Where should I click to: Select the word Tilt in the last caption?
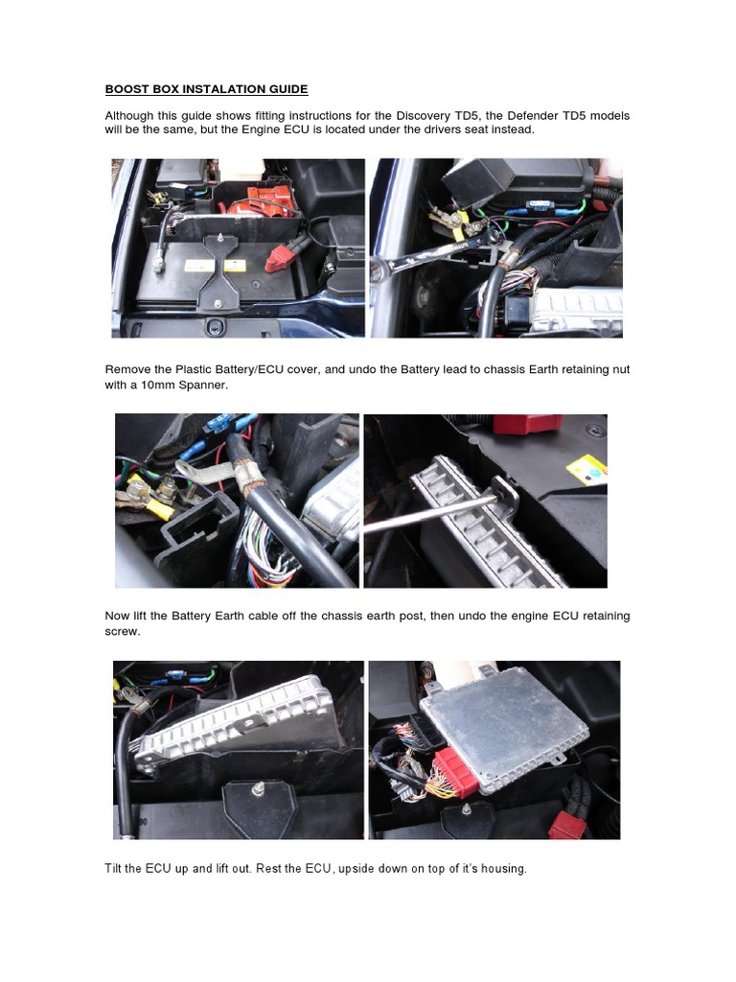[114, 869]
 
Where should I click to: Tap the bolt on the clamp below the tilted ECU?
[259, 789]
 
